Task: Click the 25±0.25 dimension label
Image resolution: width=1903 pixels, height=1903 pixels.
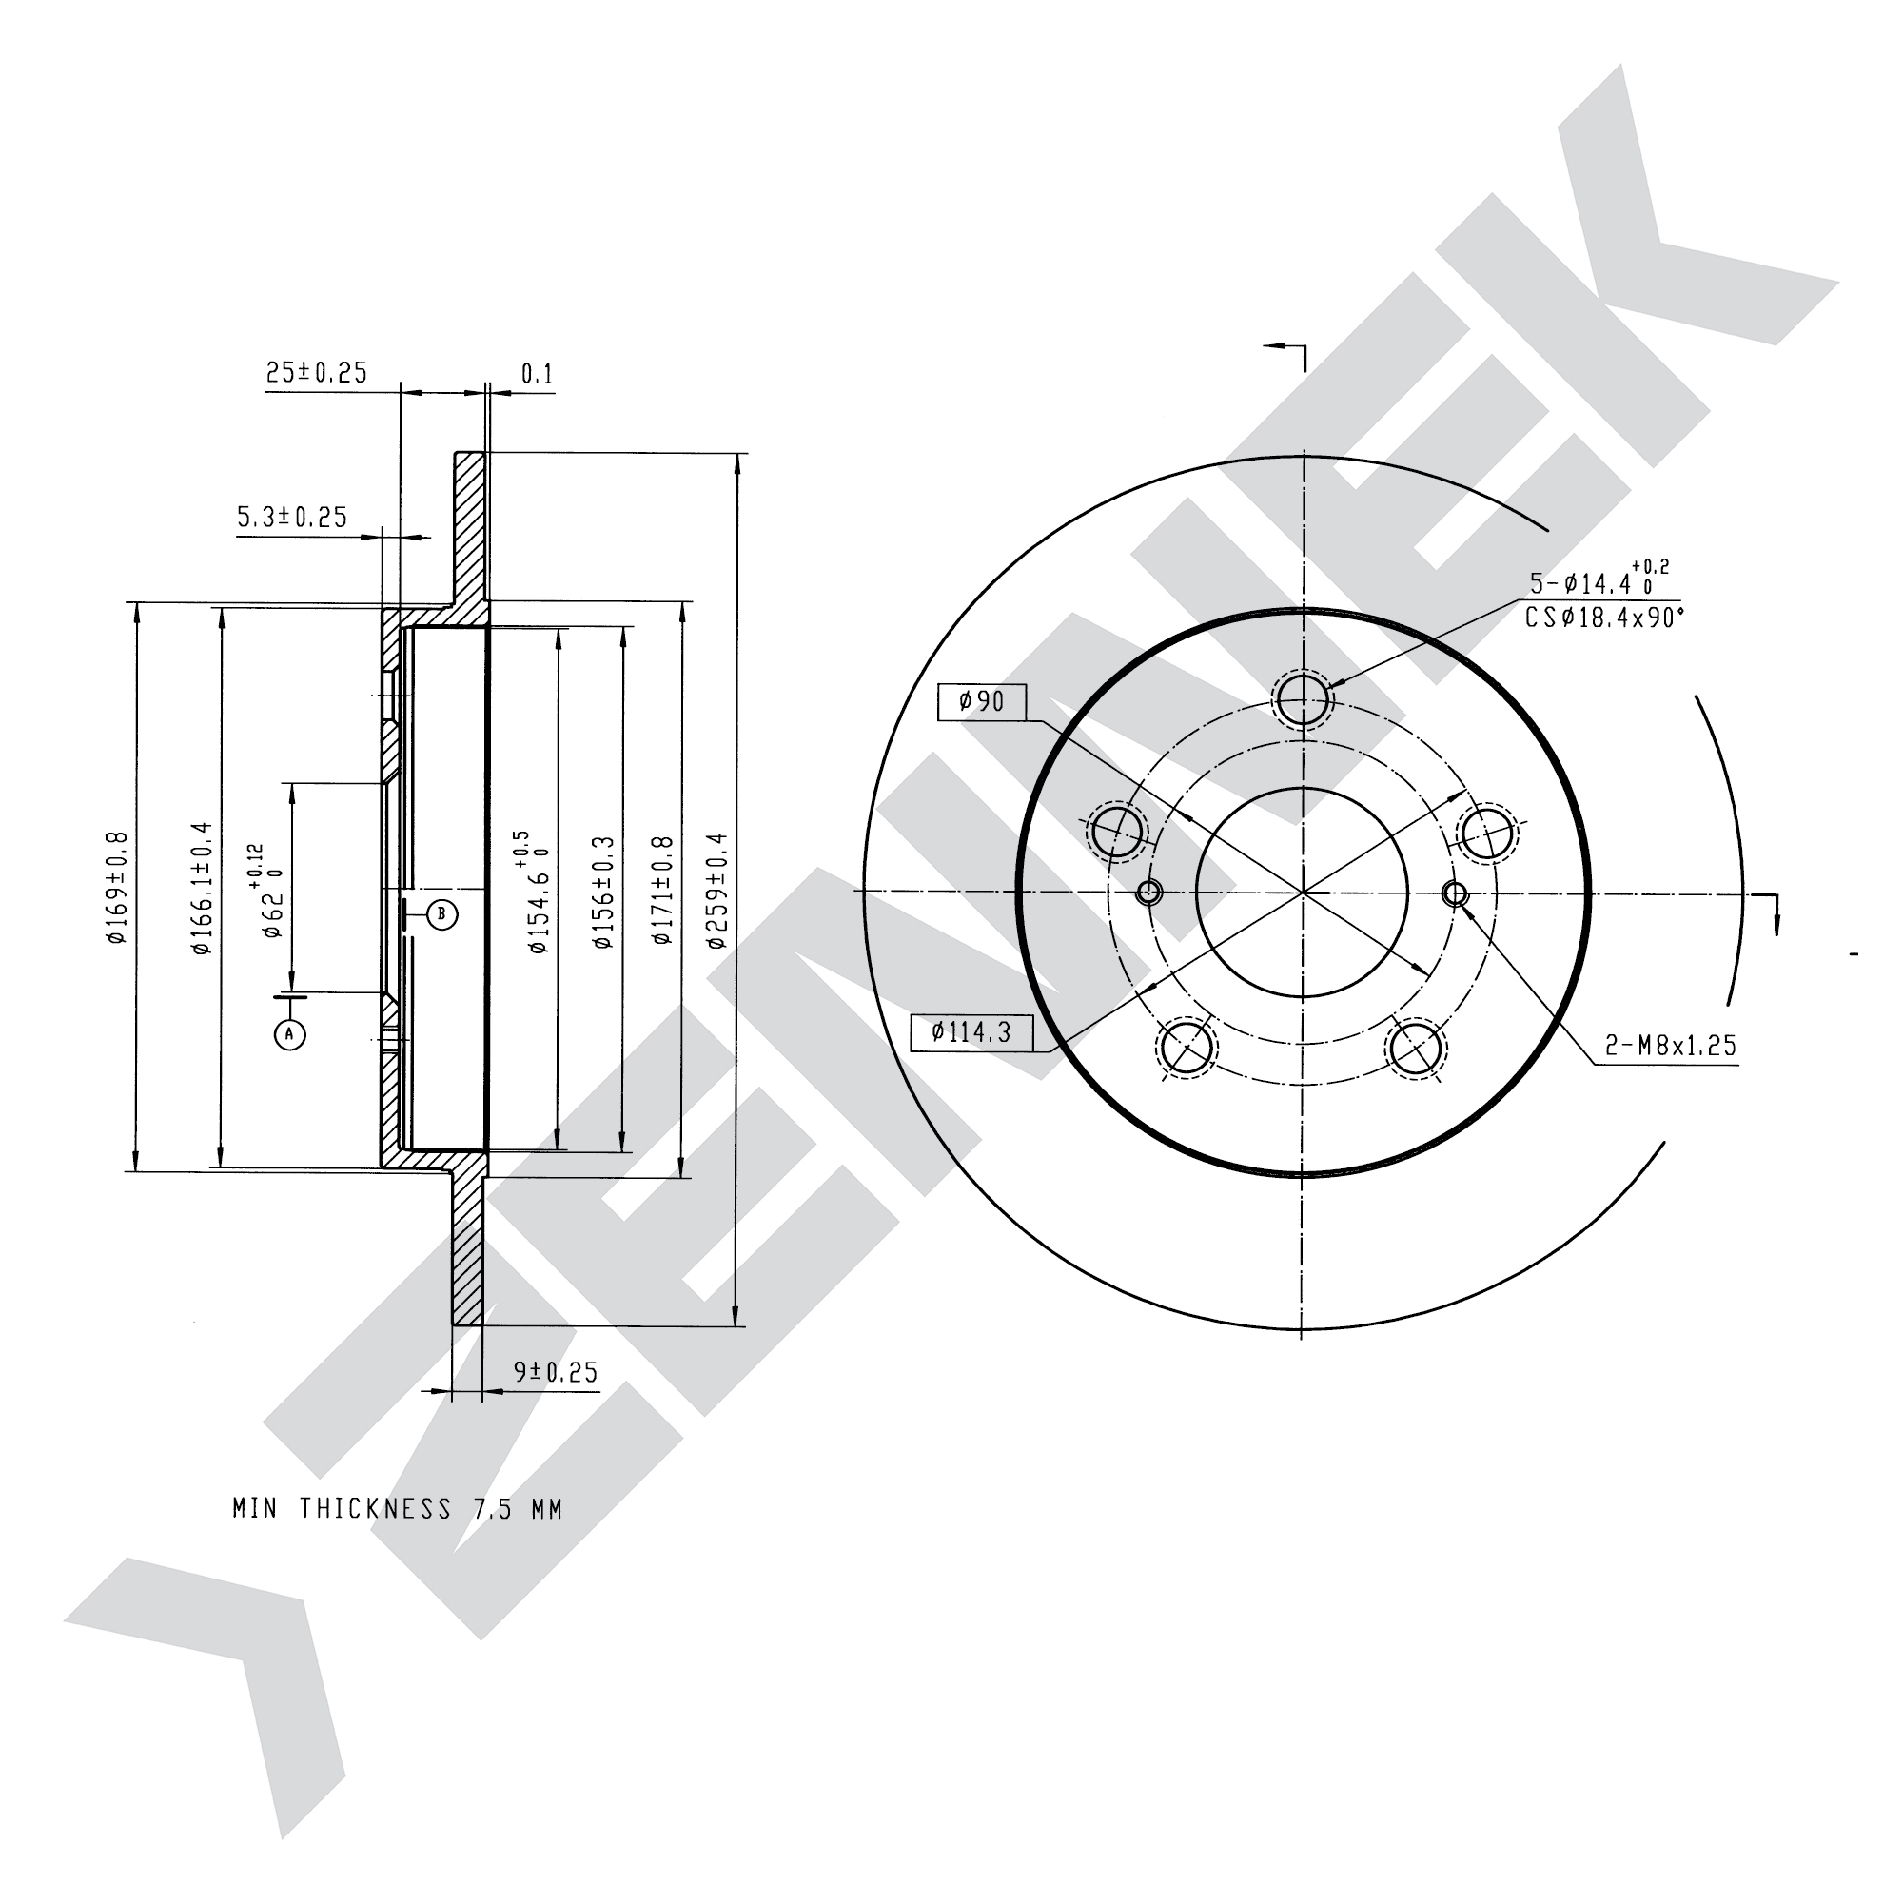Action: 316,372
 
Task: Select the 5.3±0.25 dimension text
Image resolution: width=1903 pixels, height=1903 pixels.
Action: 292,517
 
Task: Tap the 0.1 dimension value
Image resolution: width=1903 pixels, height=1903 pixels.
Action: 537,374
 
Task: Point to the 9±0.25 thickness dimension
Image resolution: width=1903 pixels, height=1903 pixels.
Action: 556,1372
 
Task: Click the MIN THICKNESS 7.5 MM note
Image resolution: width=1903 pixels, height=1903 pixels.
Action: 397,1509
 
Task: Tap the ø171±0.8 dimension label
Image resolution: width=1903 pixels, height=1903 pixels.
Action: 662,891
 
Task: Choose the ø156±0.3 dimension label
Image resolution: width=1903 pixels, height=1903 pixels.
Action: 603,893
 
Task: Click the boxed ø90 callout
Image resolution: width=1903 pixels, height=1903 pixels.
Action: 982,701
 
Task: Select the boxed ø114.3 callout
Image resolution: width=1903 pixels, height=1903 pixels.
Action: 972,1032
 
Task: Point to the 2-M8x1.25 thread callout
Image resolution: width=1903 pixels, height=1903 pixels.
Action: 1671,1045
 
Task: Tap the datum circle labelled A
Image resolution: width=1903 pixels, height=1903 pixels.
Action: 289,1033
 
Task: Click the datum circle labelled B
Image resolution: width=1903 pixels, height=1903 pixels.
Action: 442,915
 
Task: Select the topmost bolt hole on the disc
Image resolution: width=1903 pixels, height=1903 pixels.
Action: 1304,698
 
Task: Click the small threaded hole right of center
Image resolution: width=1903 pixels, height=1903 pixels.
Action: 1455,893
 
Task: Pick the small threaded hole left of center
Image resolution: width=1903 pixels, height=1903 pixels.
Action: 1149,893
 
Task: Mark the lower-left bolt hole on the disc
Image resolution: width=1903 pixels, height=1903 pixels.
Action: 1187,1047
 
